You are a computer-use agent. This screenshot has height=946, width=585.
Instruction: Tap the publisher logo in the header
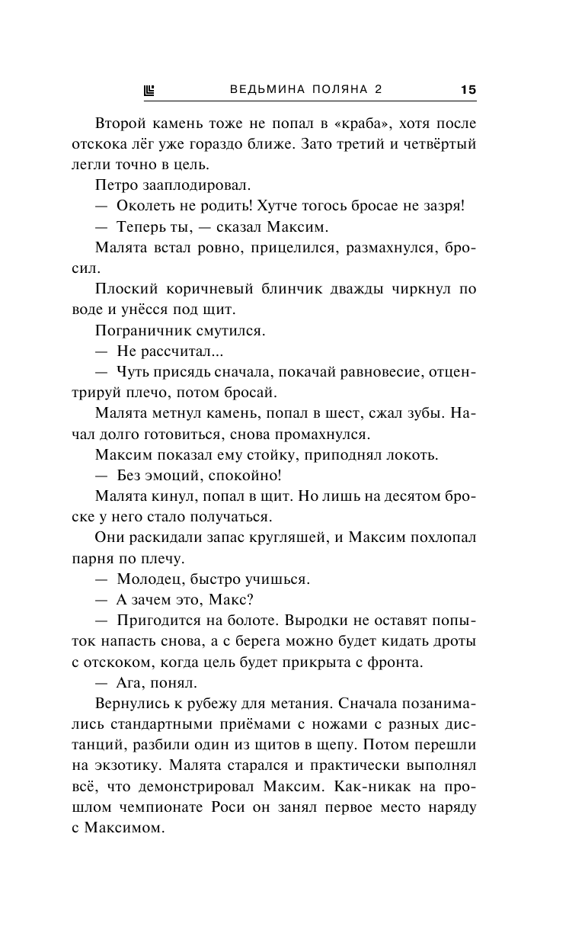(x=149, y=90)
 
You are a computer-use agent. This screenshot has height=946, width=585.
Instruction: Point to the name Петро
(x=115, y=185)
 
